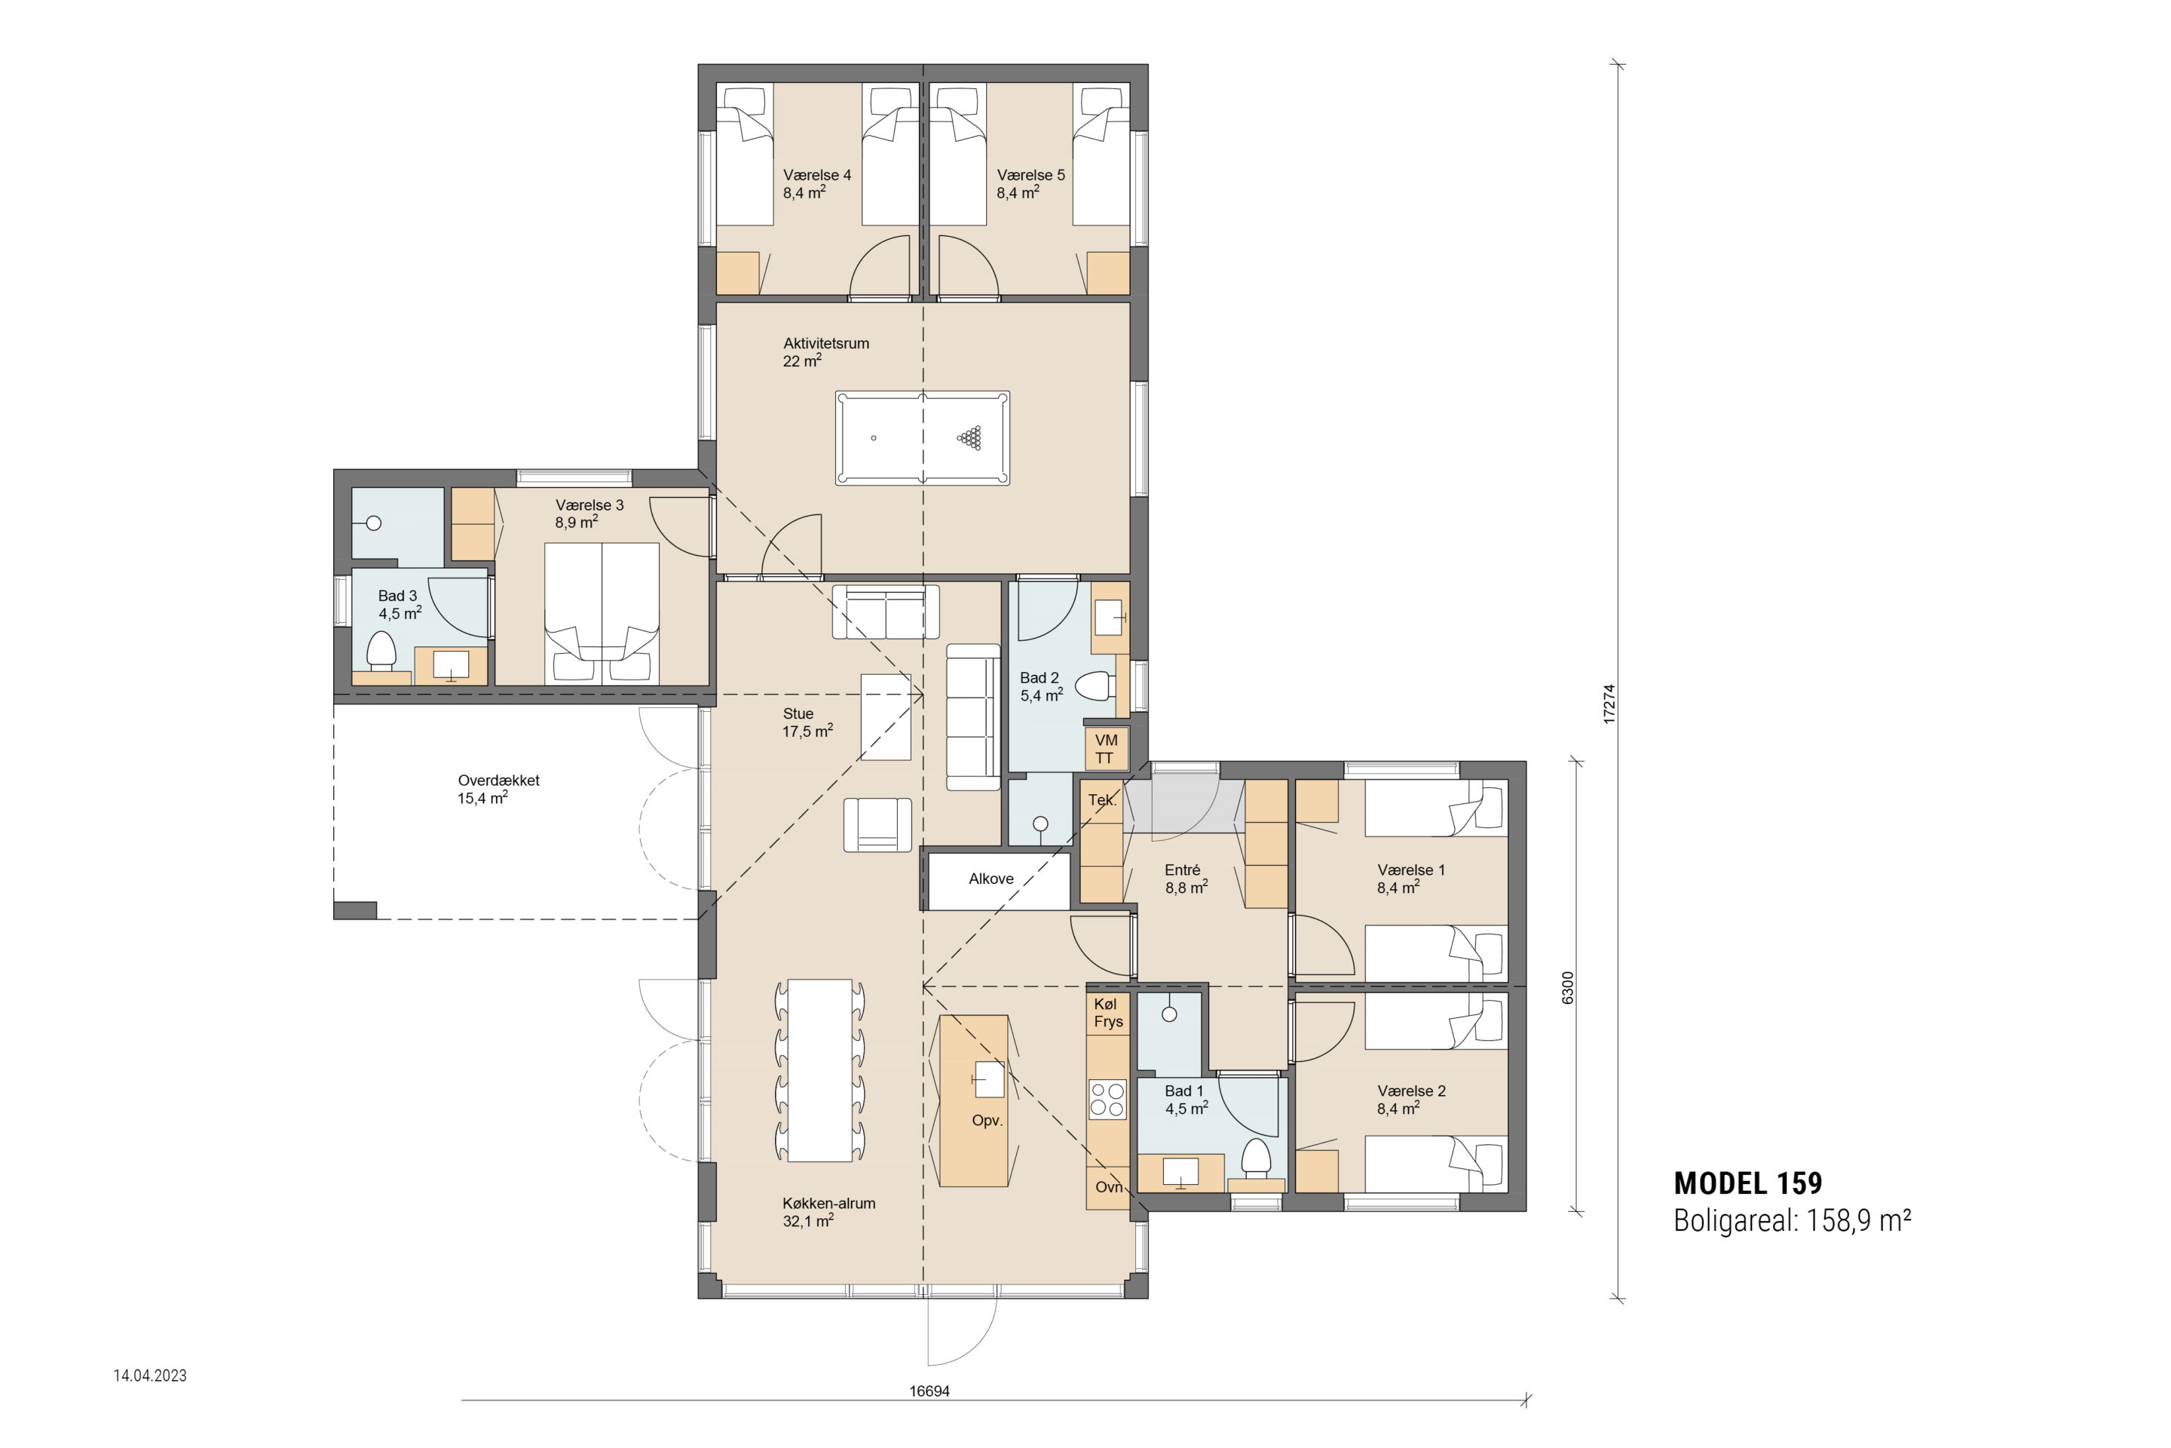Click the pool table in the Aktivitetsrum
click(x=922, y=437)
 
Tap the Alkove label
click(x=991, y=879)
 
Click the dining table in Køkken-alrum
click(x=819, y=1070)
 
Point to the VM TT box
click(x=1105, y=749)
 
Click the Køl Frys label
click(x=1107, y=1012)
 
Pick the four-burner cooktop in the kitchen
click(x=1107, y=1099)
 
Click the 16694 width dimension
click(x=929, y=1391)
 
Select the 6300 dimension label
click(x=1568, y=988)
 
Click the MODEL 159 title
click(x=1748, y=1183)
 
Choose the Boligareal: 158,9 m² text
click(x=1792, y=1221)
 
